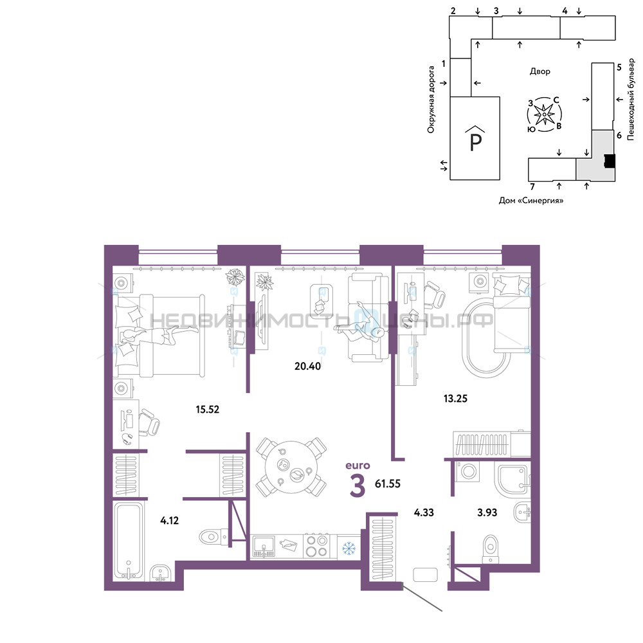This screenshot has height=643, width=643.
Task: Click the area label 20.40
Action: [x=307, y=366]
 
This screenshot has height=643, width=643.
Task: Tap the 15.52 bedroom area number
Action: [x=208, y=409]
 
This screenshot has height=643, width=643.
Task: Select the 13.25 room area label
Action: [x=456, y=398]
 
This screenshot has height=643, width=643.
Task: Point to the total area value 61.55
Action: [x=388, y=484]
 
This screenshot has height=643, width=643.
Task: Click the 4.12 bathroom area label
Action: [x=169, y=520]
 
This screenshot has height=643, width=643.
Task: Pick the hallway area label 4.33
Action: [x=424, y=512]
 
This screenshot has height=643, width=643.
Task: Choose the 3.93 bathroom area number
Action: [x=487, y=512]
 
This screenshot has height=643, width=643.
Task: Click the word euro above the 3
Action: [x=358, y=466]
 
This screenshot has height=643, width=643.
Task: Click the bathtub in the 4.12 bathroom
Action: [x=129, y=540]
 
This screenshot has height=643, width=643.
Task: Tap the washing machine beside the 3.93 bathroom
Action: [x=468, y=471]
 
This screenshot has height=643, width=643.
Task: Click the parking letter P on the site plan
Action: [x=475, y=142]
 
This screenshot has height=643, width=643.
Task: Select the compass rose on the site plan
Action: [x=544, y=114]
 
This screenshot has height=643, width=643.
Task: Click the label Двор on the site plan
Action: [x=539, y=71]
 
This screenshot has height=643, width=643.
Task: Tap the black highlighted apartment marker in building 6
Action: [x=610, y=161]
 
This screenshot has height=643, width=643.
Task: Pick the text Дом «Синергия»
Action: [x=531, y=201]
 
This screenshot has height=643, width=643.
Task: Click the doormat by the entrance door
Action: [x=425, y=575]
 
